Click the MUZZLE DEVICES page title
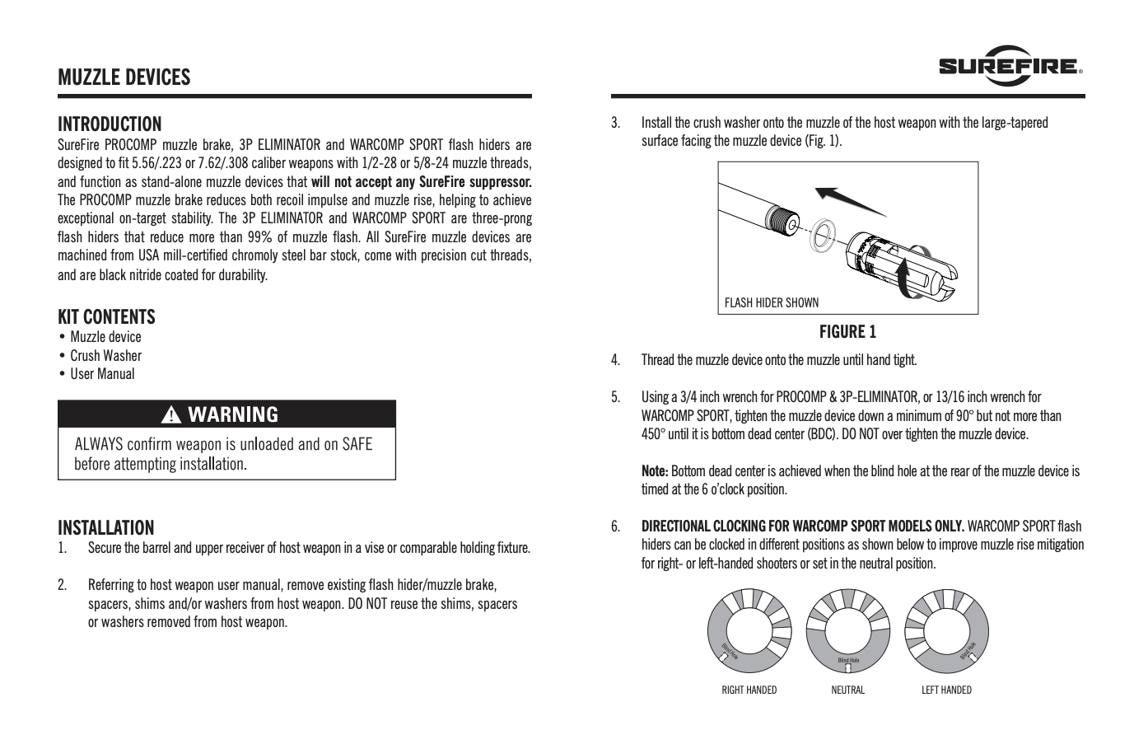click(x=124, y=77)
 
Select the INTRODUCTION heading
click(x=110, y=124)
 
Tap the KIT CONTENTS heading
click(x=106, y=316)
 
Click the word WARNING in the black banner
click(x=233, y=414)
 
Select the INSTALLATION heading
click(x=105, y=527)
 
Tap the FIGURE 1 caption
click(x=847, y=332)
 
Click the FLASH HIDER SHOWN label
click(x=772, y=302)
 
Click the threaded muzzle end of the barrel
click(x=783, y=222)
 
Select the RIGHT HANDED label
click(x=749, y=690)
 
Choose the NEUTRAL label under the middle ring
click(x=847, y=690)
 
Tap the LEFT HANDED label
click(x=946, y=690)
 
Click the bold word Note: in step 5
click(x=655, y=471)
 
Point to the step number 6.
click(x=615, y=526)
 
